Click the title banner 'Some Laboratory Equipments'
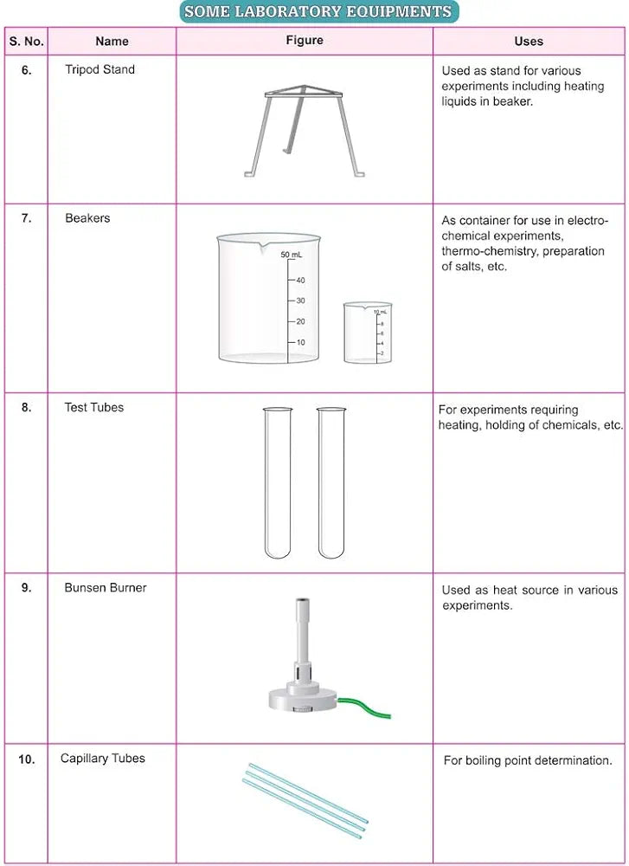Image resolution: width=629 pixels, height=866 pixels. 318,11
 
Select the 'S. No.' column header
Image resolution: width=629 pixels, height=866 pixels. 26,41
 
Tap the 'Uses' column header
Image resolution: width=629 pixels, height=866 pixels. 529,41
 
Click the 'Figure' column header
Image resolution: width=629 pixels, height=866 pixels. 305,40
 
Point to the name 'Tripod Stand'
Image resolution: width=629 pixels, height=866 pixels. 100,69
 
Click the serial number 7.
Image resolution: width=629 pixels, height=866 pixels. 26,218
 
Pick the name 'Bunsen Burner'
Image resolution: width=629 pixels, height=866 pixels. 106,587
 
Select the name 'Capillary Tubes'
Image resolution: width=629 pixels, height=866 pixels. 103,758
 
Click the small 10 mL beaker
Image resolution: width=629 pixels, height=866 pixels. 367,333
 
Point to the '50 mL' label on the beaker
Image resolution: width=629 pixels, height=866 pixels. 292,255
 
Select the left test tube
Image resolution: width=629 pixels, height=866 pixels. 278,481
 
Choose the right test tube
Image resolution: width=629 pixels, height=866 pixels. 331,481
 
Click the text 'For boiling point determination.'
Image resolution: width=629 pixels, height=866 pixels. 528,760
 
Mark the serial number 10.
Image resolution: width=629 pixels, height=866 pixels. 26,759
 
